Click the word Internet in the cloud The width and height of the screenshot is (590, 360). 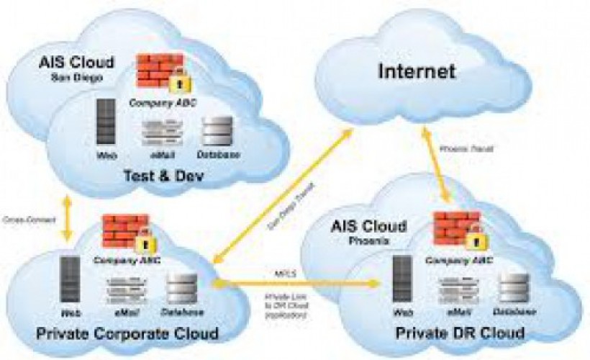click(417, 72)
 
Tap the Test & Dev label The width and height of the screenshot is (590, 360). click(164, 176)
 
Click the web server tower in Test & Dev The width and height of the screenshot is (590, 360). click(106, 125)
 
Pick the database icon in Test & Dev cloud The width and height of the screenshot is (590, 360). click(217, 131)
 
